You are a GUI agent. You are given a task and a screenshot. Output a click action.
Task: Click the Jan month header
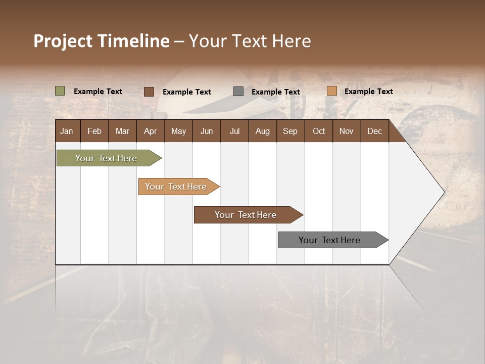(67, 131)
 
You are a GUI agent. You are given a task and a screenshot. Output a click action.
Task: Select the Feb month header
(94, 131)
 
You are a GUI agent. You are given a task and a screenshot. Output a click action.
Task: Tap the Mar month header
(122, 131)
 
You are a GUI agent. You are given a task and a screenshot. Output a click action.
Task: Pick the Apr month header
(151, 131)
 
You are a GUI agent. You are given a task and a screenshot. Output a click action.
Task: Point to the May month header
(178, 131)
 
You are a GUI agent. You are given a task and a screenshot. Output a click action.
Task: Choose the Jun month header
(207, 131)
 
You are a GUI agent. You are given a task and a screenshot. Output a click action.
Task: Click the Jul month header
(234, 131)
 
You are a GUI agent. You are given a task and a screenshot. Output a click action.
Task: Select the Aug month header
(263, 131)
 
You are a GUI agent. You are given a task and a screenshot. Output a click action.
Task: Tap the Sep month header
(290, 131)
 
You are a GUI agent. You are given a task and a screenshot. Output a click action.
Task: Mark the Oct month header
(319, 131)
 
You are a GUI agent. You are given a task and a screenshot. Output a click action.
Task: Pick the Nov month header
(347, 131)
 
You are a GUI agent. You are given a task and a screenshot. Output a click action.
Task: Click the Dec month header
(375, 131)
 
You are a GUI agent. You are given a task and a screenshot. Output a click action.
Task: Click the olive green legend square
(60, 91)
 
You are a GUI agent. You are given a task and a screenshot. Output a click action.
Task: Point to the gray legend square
(238, 92)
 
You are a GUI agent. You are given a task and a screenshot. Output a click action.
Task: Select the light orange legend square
(331, 91)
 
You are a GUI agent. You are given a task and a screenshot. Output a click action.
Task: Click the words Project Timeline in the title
(102, 41)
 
